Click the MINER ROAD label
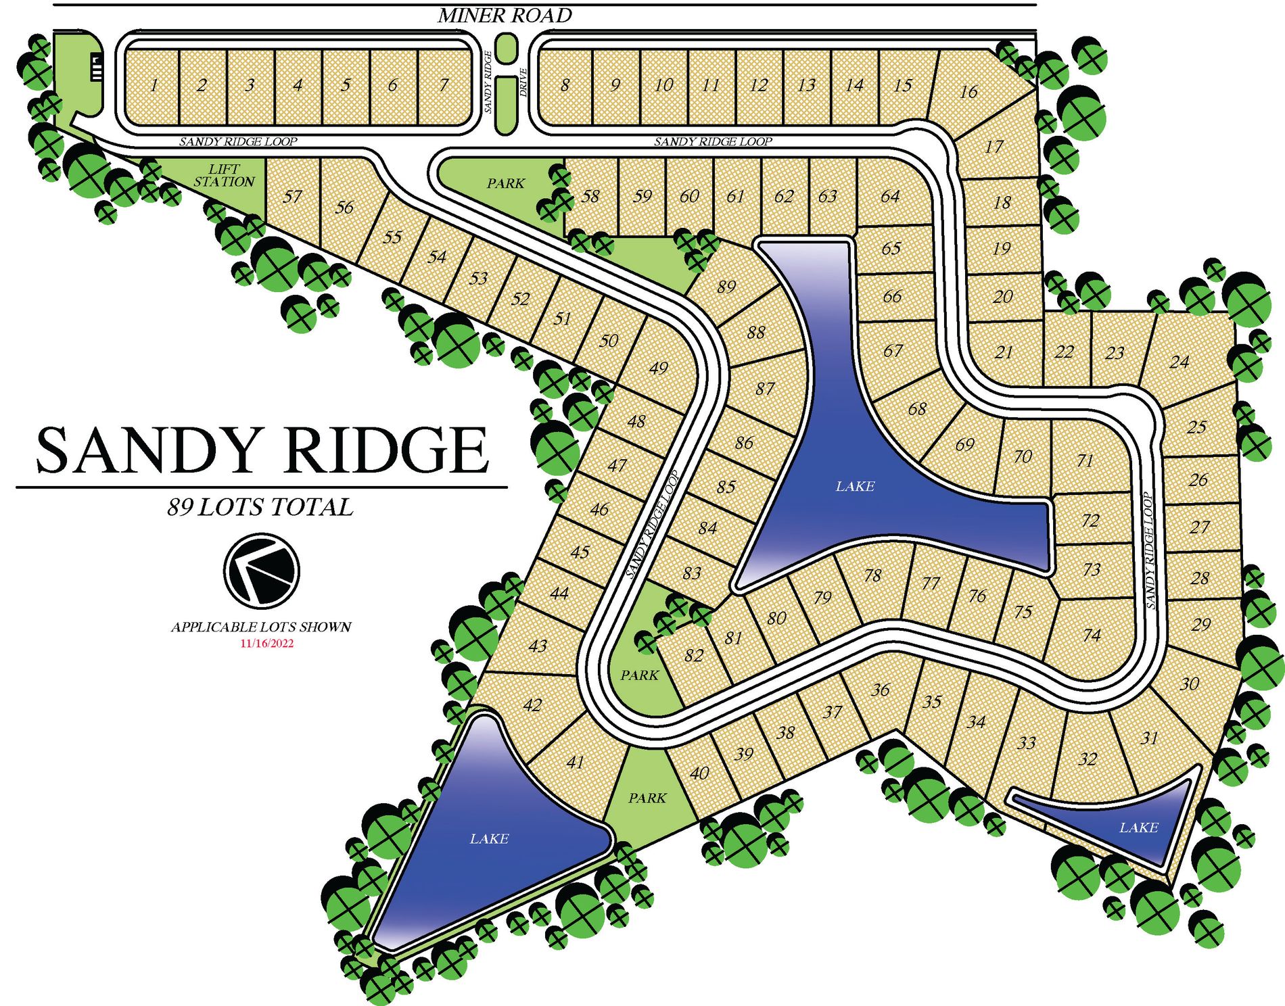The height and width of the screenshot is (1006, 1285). [505, 16]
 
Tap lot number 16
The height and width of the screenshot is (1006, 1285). [968, 92]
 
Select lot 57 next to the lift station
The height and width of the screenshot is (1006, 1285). [292, 197]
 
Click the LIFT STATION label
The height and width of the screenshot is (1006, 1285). [224, 176]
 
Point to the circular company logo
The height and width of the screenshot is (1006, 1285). [261, 570]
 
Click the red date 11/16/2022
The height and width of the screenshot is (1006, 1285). [267, 644]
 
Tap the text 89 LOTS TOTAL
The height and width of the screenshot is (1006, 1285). [260, 507]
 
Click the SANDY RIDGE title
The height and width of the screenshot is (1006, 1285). [262, 450]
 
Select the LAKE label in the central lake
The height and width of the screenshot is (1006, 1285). [855, 486]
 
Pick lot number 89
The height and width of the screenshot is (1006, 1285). [726, 287]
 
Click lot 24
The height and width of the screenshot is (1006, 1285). [1179, 362]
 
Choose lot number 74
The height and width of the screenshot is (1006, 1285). [1092, 635]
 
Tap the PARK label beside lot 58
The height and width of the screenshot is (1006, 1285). [505, 183]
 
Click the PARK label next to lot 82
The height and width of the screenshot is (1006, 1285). [639, 675]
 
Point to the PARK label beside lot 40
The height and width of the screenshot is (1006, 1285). [647, 798]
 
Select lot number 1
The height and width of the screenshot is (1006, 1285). [154, 85]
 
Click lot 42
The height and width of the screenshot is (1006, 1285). [532, 705]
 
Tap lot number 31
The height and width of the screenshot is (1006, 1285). [1149, 738]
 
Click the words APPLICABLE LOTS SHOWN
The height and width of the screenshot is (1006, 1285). [261, 627]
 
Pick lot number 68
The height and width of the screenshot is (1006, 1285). [917, 409]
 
